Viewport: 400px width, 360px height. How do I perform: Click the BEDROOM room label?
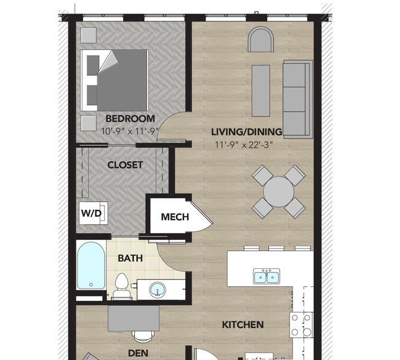(x=130, y=119)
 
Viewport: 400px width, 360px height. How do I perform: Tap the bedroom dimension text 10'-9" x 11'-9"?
(x=130, y=132)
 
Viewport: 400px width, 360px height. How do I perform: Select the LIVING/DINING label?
(x=247, y=132)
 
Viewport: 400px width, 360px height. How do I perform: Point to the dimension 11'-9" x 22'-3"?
(x=244, y=145)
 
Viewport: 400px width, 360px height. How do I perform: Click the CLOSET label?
(x=125, y=165)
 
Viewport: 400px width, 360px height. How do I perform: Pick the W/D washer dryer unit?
(x=94, y=213)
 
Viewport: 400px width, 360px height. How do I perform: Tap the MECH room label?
(x=175, y=217)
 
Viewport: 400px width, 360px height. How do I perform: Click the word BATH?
(x=130, y=258)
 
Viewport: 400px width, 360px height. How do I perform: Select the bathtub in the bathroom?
(x=91, y=266)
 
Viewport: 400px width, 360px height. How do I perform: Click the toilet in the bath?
(x=121, y=286)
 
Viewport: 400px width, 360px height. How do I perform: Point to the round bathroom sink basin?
(x=158, y=290)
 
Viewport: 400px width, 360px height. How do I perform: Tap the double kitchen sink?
(x=266, y=276)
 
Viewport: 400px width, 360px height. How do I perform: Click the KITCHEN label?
(x=243, y=325)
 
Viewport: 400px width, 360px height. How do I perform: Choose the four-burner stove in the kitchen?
(x=302, y=325)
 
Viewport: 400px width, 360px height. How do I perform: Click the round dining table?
(x=279, y=191)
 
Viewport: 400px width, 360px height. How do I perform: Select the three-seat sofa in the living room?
(x=298, y=99)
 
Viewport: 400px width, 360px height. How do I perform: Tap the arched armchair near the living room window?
(x=261, y=39)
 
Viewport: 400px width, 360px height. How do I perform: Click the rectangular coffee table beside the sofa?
(x=261, y=91)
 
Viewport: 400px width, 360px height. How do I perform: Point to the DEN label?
(x=138, y=353)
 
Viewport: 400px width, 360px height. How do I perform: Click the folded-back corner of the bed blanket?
(x=108, y=62)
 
